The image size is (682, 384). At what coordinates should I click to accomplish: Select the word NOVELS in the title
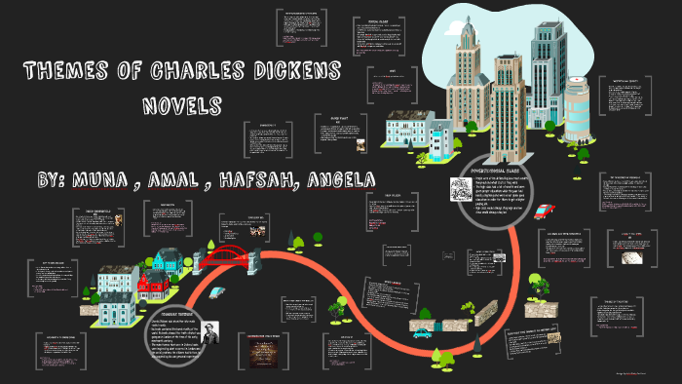[x=182, y=104]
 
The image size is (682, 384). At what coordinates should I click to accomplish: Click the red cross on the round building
[x=577, y=85]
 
